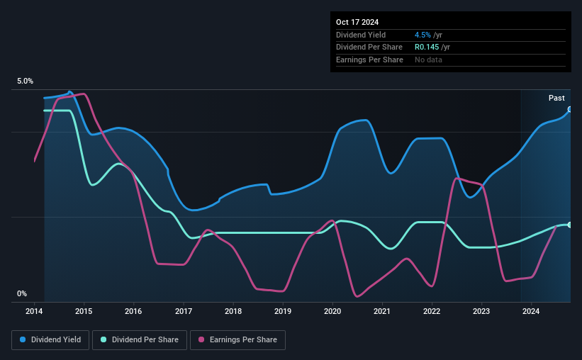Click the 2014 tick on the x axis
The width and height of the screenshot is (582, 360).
coord(35,311)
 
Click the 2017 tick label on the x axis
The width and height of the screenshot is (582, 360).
coord(184,311)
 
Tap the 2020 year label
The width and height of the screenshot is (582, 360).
coord(332,311)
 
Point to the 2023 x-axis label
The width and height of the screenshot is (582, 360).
coord(481,311)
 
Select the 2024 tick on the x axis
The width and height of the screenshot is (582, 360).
coord(531,311)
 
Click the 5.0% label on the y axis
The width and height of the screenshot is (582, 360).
coord(26,81)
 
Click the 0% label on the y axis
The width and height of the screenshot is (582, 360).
coord(22,293)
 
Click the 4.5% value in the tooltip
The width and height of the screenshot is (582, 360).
coord(422,35)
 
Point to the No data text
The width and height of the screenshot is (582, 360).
coord(429,60)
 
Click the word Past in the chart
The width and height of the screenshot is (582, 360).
coord(556,98)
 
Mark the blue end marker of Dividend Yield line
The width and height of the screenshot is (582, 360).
coord(570,109)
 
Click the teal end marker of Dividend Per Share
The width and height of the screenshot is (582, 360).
coord(570,225)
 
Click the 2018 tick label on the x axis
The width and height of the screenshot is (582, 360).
coord(233,311)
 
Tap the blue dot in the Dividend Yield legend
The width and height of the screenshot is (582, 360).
coord(22,340)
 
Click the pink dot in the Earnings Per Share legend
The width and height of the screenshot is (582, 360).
coord(201,340)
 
